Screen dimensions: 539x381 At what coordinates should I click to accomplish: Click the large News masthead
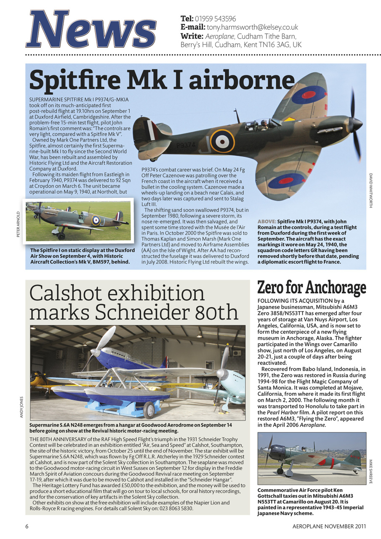pos(90,29)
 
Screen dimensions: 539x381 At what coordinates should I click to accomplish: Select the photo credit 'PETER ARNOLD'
pos(18,224)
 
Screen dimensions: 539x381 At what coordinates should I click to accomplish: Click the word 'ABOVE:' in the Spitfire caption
pos(266,221)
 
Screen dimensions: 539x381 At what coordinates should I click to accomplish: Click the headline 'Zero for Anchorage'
pos(312,288)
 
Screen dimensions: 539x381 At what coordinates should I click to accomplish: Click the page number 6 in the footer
pos(27,526)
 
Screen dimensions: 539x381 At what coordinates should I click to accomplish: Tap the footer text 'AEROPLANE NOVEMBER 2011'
pos(329,526)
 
